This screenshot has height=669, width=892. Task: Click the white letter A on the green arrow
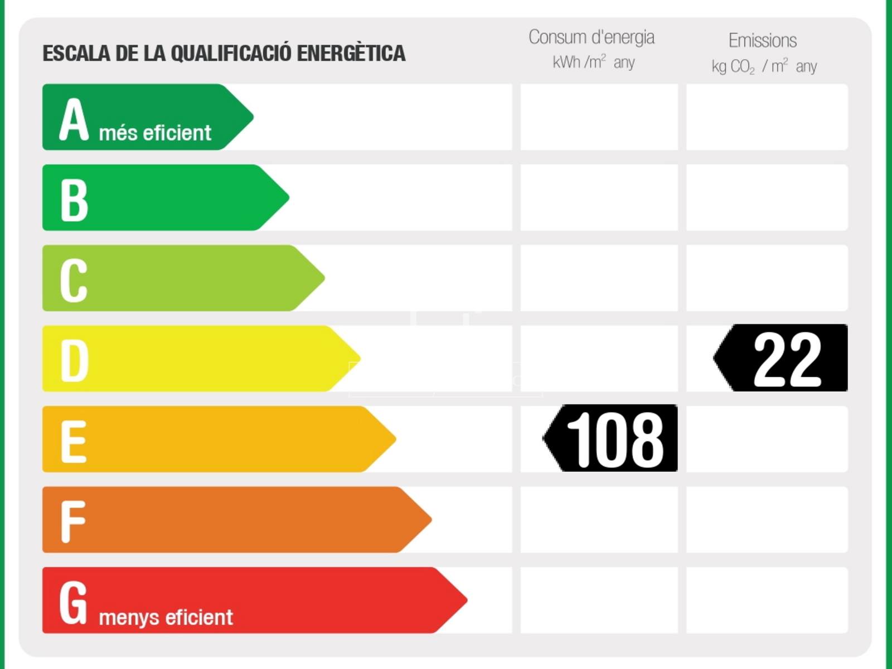tap(74, 119)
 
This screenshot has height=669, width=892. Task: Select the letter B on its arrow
tap(74, 200)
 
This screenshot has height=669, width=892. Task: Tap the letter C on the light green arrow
tap(74, 280)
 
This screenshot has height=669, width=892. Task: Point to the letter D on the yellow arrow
tap(74, 361)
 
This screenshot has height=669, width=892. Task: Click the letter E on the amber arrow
tap(74, 442)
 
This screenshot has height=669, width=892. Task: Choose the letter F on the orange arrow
tap(73, 522)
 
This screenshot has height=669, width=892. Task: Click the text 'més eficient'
tap(155, 133)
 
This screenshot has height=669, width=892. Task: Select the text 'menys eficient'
tap(166, 618)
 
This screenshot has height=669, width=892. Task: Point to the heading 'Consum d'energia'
tap(592, 37)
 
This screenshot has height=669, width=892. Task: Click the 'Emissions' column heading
tap(763, 41)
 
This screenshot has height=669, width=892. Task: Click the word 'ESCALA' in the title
tap(76, 54)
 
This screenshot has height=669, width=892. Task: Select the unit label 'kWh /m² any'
tap(593, 62)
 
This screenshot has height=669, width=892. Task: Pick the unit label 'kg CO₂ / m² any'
tap(764, 66)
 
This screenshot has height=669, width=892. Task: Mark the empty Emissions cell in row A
tap(767, 117)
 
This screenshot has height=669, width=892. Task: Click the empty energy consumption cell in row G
tap(599, 600)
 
